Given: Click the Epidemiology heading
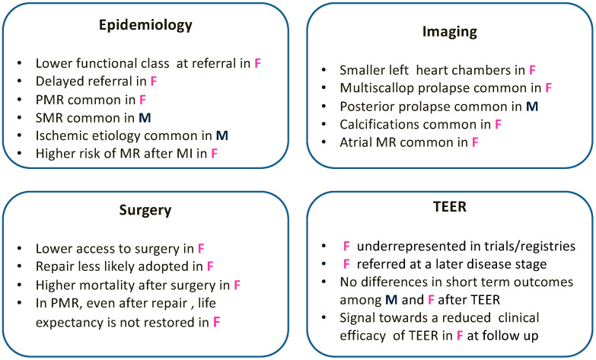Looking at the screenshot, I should coord(145,25).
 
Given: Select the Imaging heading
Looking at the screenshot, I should coord(450,33).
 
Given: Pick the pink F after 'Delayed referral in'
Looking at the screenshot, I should coord(154,81).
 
